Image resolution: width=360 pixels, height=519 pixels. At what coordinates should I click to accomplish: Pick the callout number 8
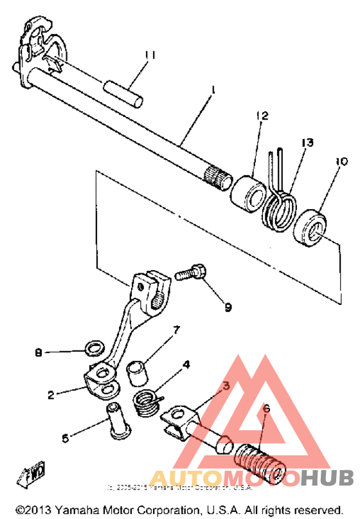pyautogui.click(x=39, y=352)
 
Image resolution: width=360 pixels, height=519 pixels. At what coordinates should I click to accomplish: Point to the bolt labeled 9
pyautogui.click(x=189, y=272)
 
